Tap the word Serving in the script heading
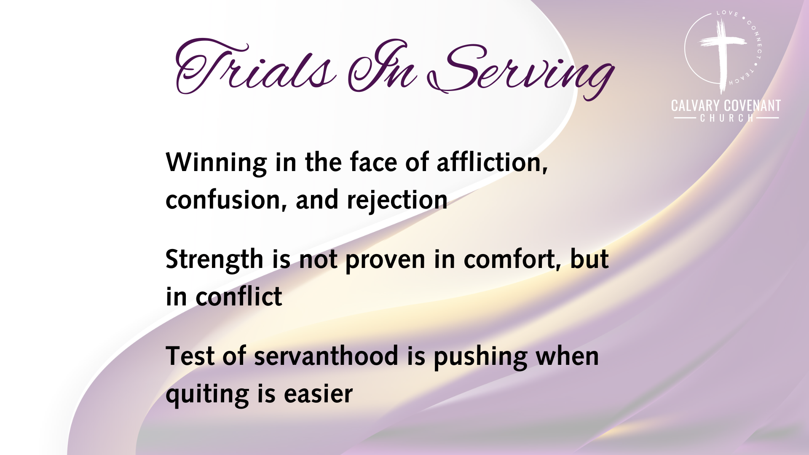520,70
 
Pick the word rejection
397,200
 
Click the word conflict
238,296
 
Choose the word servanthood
326,356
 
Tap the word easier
318,394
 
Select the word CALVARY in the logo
696,105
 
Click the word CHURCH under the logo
727,118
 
